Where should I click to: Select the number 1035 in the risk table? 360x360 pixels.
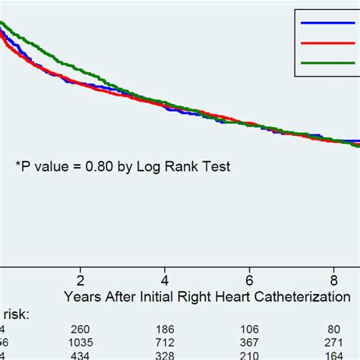(80, 343)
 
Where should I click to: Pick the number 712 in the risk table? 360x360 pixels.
(165, 343)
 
